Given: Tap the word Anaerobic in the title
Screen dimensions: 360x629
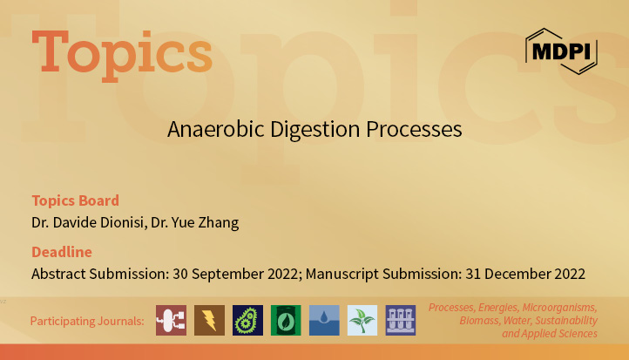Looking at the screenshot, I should [x=207, y=130].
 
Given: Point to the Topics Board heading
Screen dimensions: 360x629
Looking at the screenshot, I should [x=75, y=200].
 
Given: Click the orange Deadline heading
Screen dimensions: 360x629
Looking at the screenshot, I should [x=61, y=252].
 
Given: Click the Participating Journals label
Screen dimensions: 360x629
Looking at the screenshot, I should [x=87, y=321].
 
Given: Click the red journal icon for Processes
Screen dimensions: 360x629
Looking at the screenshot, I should [x=171, y=320].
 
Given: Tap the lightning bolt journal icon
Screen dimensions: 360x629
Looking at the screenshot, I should [x=209, y=320].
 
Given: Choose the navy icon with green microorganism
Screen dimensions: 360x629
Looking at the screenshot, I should [x=247, y=320].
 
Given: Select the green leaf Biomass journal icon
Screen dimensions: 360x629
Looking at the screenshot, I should [x=286, y=320].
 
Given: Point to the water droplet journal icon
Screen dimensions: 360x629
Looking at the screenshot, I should [x=324, y=320].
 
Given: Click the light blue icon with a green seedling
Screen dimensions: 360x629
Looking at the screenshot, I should [x=362, y=320].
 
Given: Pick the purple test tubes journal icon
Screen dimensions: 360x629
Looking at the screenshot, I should [x=401, y=320].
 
